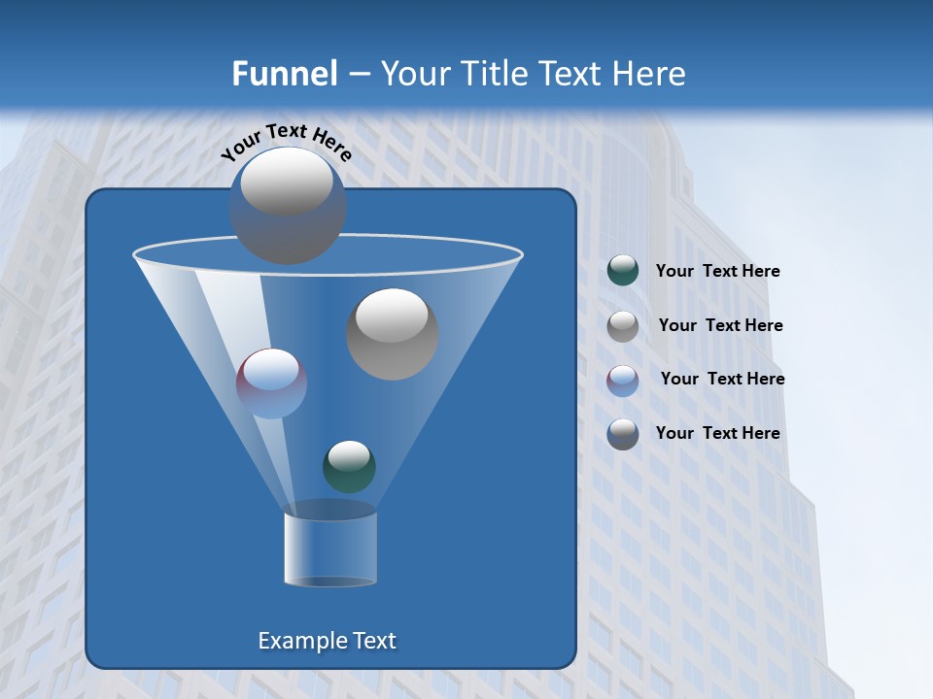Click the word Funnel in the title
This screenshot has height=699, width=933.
pos(284,74)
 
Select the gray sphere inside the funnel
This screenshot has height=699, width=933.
pos(393,334)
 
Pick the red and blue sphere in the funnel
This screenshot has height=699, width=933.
pos(272,383)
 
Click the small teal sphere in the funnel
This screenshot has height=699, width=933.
pos(349,466)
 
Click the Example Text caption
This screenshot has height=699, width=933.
pos(328,641)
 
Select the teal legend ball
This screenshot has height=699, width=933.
pos(623,271)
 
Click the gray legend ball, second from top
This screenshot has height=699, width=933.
pos(623,326)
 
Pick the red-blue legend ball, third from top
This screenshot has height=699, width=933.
pos(623,380)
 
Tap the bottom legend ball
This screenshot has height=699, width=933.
pos(623,434)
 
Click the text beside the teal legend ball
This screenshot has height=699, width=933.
pos(717,272)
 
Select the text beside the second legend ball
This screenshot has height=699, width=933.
pos(720,326)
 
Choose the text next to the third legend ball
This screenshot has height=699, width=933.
pos(722,380)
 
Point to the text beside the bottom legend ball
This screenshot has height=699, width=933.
pos(717,434)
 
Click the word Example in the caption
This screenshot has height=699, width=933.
pos(295,641)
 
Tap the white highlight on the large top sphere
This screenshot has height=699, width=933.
pos(287,182)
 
